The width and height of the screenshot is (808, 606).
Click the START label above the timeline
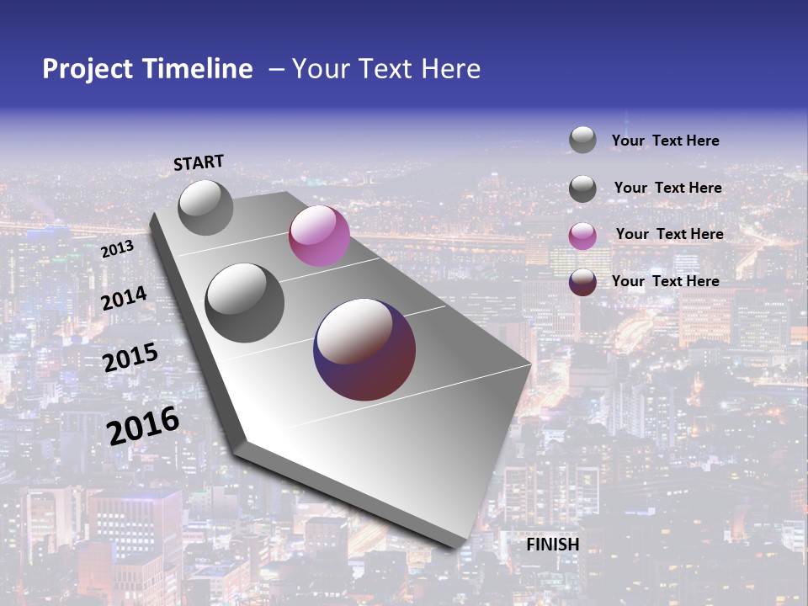coord(199,162)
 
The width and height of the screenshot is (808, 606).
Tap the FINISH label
coord(553,545)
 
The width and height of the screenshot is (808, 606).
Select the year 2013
coord(117,249)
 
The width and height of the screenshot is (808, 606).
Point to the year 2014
coord(125,299)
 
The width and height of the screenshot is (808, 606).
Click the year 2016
coord(143,425)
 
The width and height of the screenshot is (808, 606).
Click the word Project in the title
coord(88,69)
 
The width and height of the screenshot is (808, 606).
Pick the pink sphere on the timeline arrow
coord(319,236)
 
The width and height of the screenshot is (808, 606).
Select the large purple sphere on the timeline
coord(364,348)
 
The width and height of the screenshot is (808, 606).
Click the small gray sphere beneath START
coord(206,207)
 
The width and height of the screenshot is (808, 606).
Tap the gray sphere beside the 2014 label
coord(245,303)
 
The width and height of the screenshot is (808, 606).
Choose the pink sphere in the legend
coord(582,236)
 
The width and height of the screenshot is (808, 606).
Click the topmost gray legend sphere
coord(582,140)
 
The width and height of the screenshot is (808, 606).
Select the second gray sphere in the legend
coord(582,189)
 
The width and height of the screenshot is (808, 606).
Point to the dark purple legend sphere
coord(582,282)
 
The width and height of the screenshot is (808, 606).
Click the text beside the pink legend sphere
coord(669,234)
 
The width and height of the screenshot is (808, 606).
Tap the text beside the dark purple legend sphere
coord(665,281)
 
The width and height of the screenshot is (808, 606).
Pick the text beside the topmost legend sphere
coord(665,141)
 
